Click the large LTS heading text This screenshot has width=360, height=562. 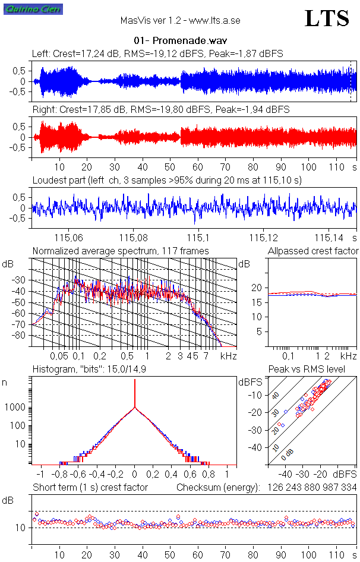click(327, 18)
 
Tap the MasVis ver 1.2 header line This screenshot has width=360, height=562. click(180, 20)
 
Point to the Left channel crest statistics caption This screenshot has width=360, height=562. click(157, 53)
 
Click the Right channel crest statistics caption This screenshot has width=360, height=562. click(160, 109)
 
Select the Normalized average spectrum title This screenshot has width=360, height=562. click(121, 251)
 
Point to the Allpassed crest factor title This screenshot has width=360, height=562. click(313, 251)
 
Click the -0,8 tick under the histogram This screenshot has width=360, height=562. click(60, 475)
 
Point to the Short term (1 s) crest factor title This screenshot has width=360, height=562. click(90, 487)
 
